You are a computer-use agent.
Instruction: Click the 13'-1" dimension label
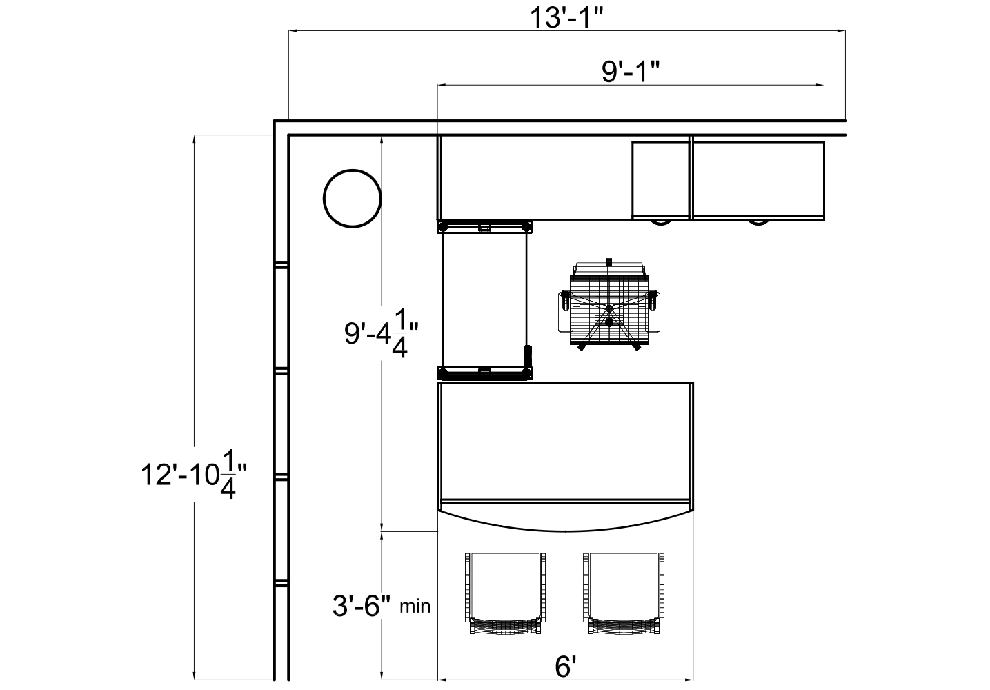point(566,18)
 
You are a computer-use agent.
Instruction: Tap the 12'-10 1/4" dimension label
point(194,474)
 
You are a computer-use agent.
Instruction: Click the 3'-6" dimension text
point(362,606)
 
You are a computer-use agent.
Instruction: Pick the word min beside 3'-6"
point(415,607)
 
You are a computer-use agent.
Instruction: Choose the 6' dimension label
point(566,667)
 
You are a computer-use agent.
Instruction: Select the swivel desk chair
point(609,305)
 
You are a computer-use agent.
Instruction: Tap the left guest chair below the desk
point(505,593)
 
